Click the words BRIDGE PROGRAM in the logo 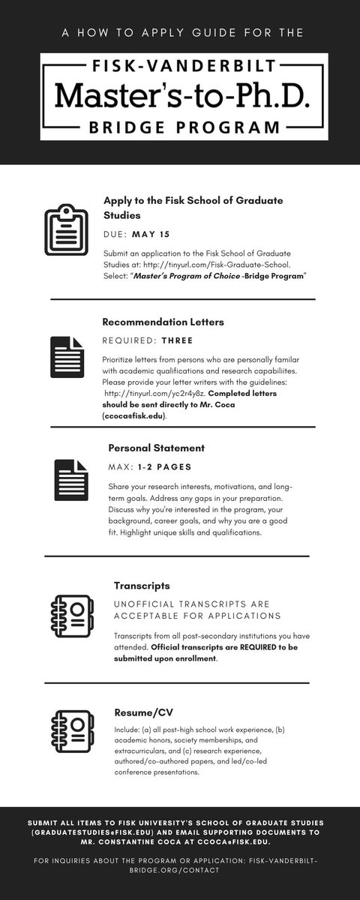(179, 128)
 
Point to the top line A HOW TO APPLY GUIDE (179, 33)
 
